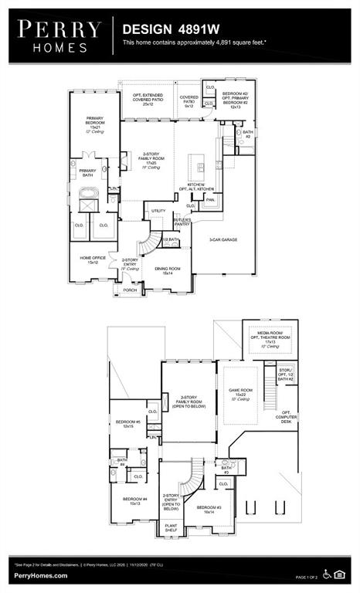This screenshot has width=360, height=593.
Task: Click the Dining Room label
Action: pos(168,271)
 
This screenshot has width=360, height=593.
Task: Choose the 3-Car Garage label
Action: pos(222,240)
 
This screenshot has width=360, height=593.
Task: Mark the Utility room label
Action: pos(158,210)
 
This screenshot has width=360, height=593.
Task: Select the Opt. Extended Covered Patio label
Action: pos(148,100)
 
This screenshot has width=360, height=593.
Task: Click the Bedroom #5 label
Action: pos(127,424)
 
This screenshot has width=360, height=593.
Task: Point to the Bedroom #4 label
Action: pos(134,501)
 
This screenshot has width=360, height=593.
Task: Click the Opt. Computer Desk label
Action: pos(287,417)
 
